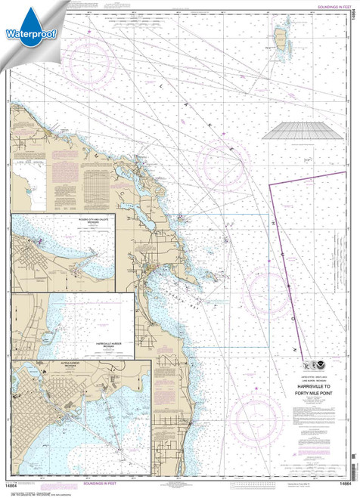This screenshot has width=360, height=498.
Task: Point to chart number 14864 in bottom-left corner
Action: click(x=17, y=484)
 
